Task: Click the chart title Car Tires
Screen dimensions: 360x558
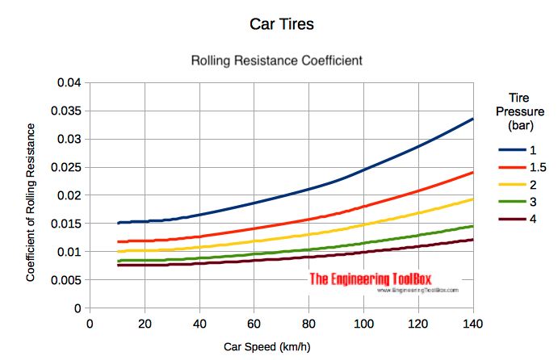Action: tap(280, 24)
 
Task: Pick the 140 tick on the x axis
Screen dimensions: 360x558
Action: tap(473, 324)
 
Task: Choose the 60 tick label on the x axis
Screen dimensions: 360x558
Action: tap(254, 324)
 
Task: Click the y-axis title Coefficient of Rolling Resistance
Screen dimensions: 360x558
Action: tap(31, 202)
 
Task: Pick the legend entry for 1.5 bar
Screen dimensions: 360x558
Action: tap(521, 167)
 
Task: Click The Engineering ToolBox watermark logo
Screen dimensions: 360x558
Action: tap(384, 282)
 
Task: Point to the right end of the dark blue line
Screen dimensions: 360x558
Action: tap(473, 119)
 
